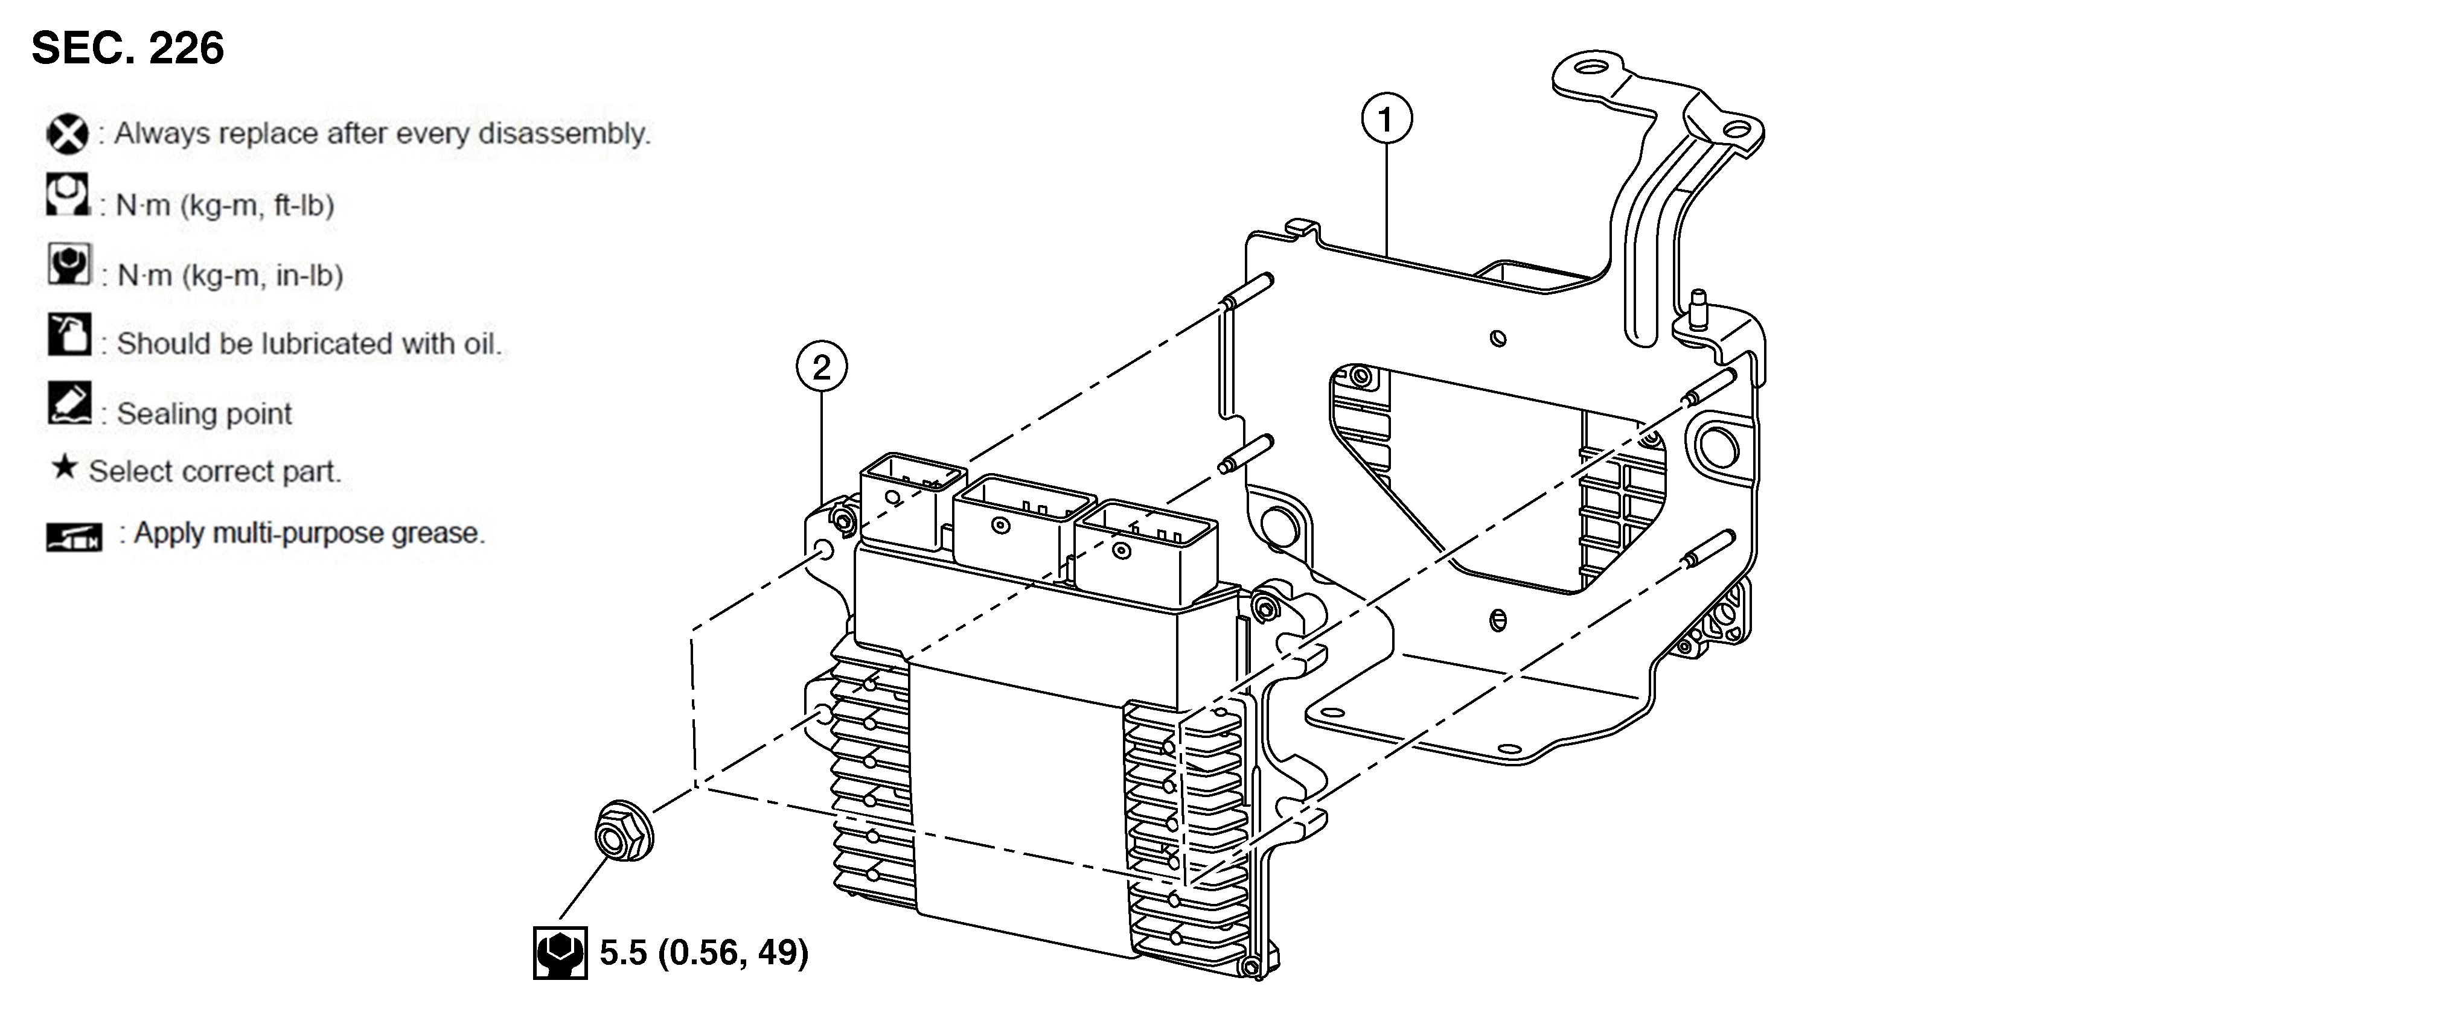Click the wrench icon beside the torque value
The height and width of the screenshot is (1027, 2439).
pyautogui.click(x=560, y=952)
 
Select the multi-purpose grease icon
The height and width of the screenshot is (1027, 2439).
pyautogui.click(x=74, y=536)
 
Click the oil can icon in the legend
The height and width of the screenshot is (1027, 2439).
pyautogui.click(x=69, y=335)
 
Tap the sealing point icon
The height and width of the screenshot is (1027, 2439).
pyautogui.click(x=69, y=404)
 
